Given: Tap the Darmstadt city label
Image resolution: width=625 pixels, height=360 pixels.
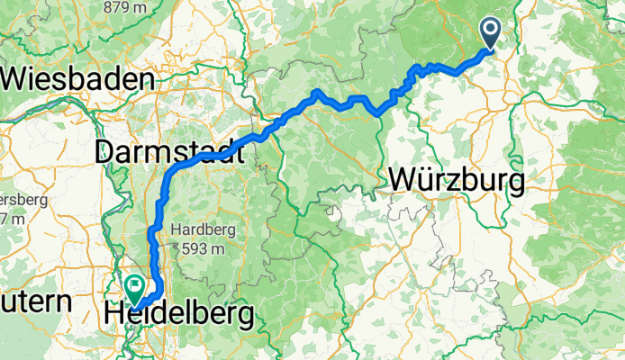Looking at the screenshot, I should [x=169, y=152].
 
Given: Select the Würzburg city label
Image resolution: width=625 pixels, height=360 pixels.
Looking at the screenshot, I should [x=457, y=181].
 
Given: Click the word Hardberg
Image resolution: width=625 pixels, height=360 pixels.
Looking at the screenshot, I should [x=209, y=229].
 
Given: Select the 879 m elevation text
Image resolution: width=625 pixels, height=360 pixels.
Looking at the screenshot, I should [x=130, y=7].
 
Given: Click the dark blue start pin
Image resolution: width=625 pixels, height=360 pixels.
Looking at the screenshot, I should [x=492, y=33].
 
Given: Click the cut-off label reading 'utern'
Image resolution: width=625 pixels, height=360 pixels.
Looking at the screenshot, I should [x=35, y=302].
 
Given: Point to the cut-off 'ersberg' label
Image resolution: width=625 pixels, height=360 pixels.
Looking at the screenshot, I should [x=24, y=199].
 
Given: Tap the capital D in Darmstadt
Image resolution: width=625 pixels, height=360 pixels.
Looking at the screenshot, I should [x=105, y=152].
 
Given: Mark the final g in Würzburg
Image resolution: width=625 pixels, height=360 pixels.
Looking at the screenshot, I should [x=516, y=184].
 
